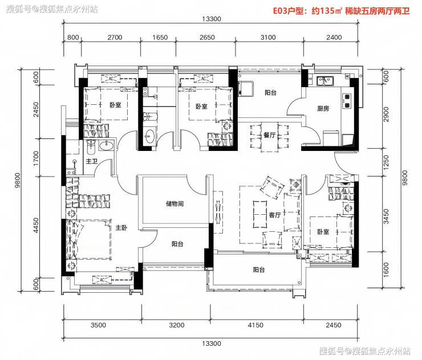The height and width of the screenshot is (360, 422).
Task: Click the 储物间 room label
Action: tap(175, 203)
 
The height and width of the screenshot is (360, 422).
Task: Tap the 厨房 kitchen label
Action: tap(323, 108)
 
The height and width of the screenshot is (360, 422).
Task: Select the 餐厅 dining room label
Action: tap(269, 135)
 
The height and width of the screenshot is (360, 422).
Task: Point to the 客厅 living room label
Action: tap(275, 215)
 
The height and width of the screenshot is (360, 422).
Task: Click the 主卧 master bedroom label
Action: tap(121, 228)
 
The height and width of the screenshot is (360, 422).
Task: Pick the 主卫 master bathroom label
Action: tap(91, 161)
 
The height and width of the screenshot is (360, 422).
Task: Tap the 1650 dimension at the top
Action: tap(160, 38)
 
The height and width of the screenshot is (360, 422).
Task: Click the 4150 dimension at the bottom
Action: tap(255, 325)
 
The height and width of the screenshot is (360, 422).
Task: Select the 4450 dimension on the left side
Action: tap(36, 226)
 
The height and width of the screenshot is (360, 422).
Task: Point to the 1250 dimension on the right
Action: tap(386, 162)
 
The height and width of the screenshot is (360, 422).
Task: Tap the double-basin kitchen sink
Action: tap(325, 81)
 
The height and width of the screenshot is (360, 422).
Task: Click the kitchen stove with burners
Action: tap(347, 101)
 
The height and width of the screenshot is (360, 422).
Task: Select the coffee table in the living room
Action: tap(259, 214)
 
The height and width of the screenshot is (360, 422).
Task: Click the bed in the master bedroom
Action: tap(89, 240)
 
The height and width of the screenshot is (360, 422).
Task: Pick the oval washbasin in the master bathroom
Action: tap(106, 146)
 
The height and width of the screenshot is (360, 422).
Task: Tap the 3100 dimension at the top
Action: tap(268, 38)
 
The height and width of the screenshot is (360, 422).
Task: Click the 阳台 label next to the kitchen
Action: tap(270, 93)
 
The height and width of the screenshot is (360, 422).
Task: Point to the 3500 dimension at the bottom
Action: tap(98, 325)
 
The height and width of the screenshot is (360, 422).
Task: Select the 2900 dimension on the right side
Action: tap(386, 114)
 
